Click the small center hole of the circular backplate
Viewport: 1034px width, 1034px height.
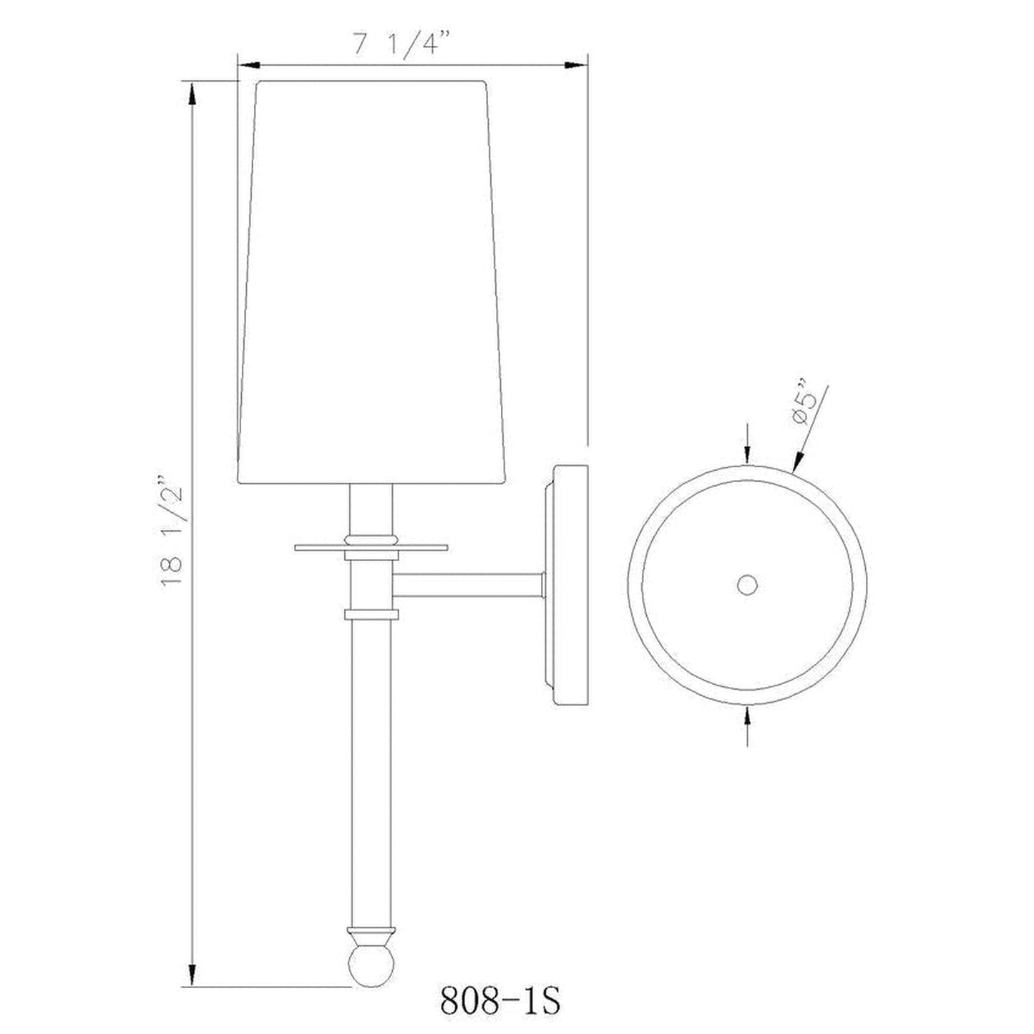coord(747,585)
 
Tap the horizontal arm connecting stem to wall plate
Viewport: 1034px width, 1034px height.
coord(467,585)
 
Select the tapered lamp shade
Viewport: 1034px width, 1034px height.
coord(372,282)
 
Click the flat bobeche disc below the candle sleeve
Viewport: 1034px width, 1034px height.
coord(371,548)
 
